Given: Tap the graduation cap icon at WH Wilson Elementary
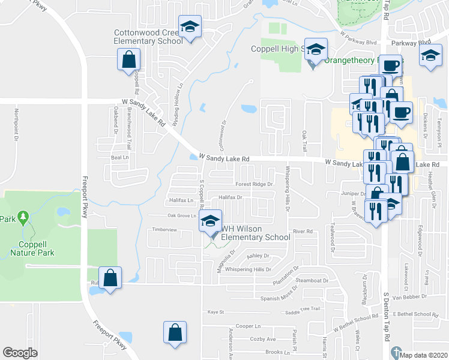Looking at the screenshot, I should pos(210,221).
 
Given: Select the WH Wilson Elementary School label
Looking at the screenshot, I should pos(256,233).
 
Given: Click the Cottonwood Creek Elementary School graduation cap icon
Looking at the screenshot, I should pos(190,27).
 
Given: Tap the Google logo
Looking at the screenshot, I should pos(20,353).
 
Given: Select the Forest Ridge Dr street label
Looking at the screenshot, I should pos(254,184).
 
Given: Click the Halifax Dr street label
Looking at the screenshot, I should pos(230,197).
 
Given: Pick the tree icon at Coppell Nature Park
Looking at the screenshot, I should pos(23,217).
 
